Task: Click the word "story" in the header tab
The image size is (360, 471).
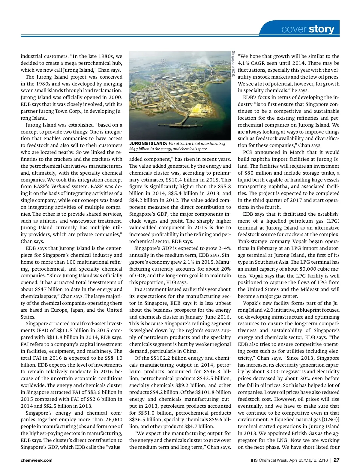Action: coord(321,29)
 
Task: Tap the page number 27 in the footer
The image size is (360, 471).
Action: coord(336,460)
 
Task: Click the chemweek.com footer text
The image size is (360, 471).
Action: coord(36,460)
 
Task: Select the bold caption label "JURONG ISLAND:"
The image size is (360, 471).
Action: coord(148,144)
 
